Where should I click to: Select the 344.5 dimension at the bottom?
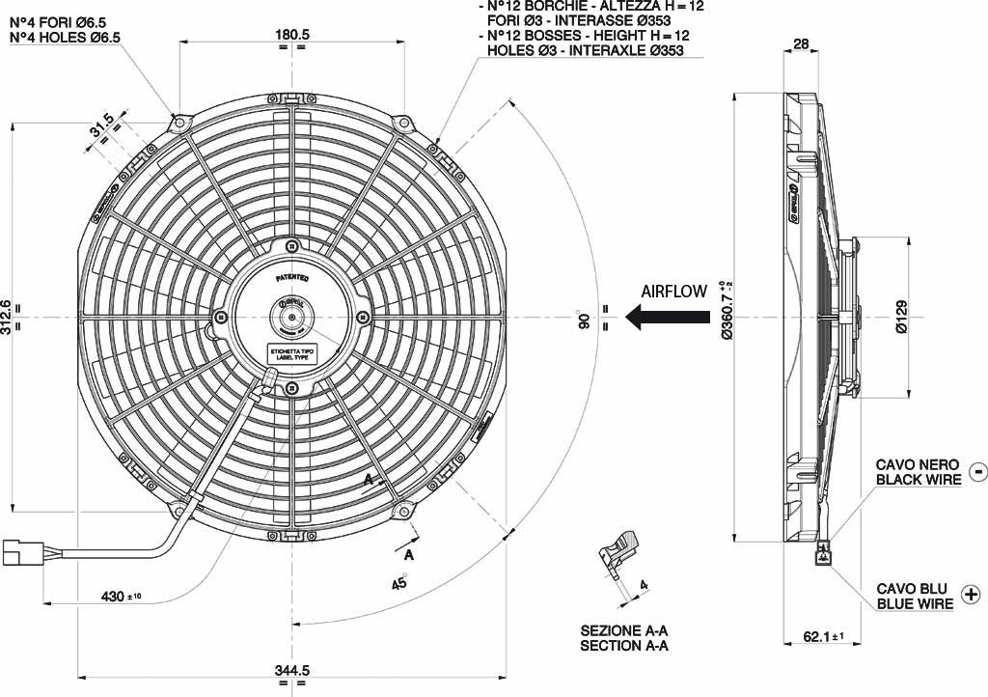click(x=291, y=669)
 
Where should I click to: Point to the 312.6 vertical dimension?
click(x=8, y=316)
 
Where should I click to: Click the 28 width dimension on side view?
click(x=801, y=43)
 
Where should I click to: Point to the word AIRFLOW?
click(x=674, y=291)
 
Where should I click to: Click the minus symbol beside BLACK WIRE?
click(x=976, y=471)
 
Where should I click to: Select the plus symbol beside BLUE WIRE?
click(x=971, y=596)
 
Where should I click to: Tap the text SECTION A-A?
click(x=624, y=645)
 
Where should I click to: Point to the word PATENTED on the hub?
click(x=291, y=277)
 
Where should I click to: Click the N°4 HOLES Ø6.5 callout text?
click(x=65, y=38)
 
